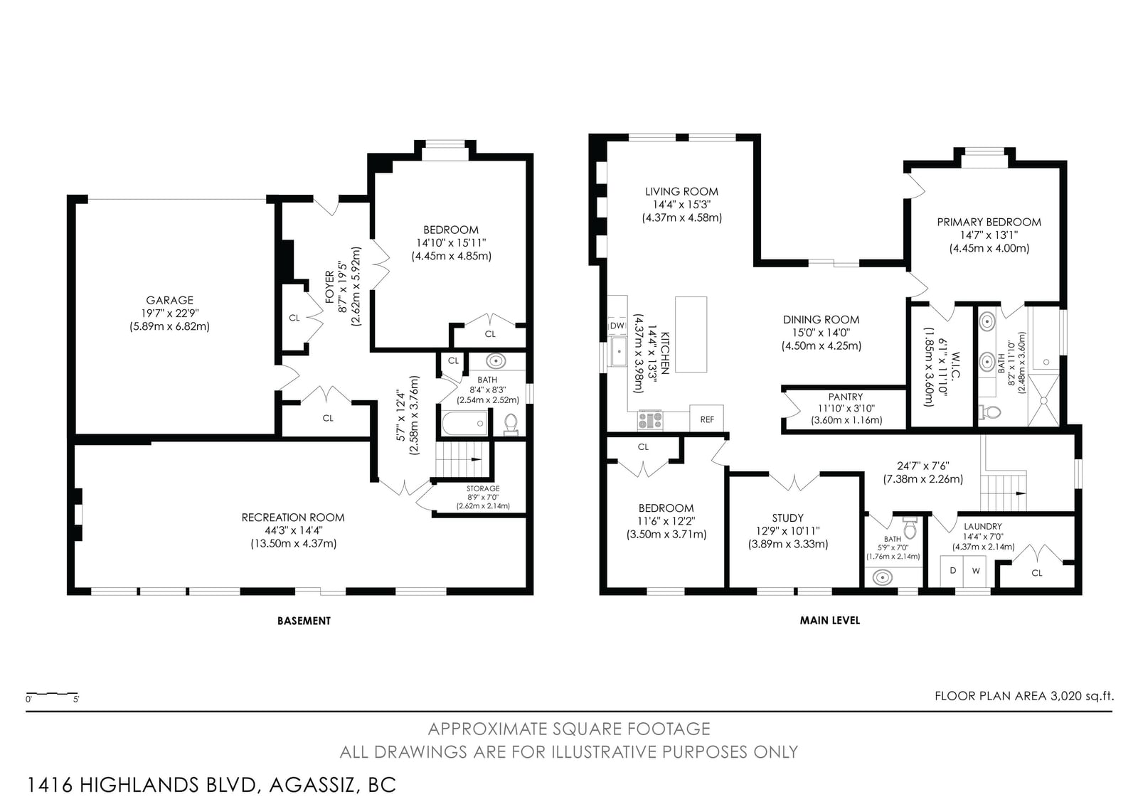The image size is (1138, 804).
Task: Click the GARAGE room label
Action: [x=170, y=300]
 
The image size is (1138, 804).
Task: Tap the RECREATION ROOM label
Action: [x=293, y=518]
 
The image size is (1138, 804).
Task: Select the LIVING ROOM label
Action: [x=682, y=191]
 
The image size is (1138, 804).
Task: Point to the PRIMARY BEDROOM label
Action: [x=989, y=222]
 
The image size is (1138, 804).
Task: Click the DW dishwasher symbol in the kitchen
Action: [x=618, y=326]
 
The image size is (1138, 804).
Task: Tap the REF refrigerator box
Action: [x=707, y=418]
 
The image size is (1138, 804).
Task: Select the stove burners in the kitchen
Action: [x=650, y=421]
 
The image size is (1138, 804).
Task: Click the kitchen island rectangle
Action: [x=691, y=334]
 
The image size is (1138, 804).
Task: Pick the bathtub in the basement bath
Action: [x=465, y=424]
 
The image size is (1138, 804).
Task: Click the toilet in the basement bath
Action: [x=511, y=424]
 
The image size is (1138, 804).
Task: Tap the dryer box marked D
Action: [x=952, y=571]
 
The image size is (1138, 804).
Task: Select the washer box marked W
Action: [x=976, y=571]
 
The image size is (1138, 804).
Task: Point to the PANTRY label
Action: [x=846, y=397]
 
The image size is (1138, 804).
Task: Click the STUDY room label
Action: [x=788, y=518]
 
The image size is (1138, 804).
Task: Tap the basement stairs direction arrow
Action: [x=476, y=459]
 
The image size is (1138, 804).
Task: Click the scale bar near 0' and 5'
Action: [x=52, y=693]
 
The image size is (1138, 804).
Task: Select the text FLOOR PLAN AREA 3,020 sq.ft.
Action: [x=1024, y=696]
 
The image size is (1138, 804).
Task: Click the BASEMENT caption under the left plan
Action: [x=304, y=621]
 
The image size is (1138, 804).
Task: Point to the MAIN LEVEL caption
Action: [x=829, y=620]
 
